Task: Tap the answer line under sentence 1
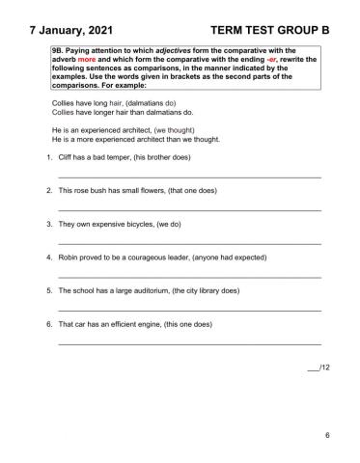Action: click(x=189, y=177)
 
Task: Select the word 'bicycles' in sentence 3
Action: click(x=134, y=224)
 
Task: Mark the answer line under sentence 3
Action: click(x=189, y=243)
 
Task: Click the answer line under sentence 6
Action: click(x=189, y=343)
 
